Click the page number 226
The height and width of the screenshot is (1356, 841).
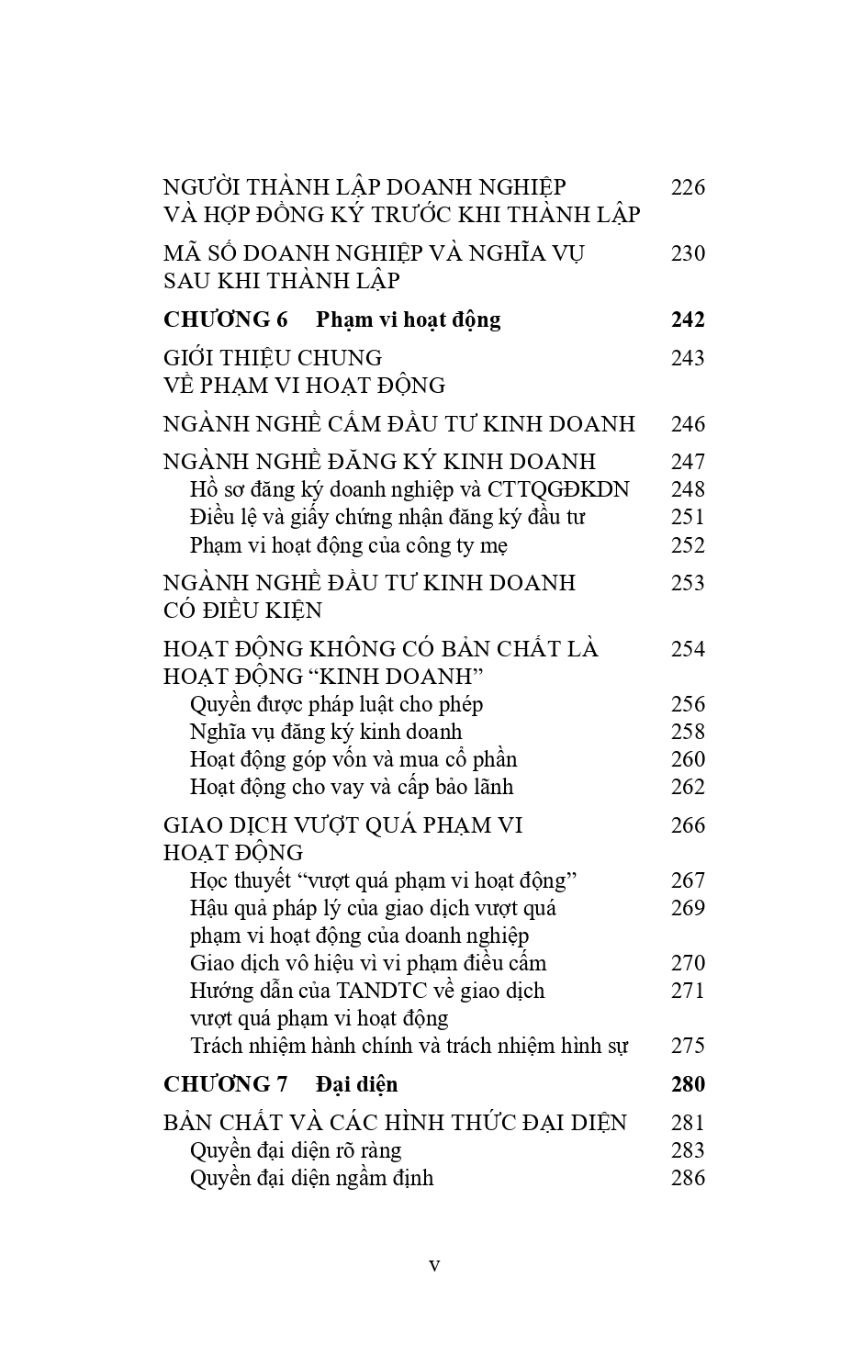688,188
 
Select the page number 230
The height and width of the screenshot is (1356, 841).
688,253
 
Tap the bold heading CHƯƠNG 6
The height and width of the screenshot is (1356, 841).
225,319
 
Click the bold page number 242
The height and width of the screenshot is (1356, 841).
688,319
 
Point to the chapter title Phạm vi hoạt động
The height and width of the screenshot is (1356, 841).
409,319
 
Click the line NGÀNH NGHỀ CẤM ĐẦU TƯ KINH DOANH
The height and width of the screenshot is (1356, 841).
398,424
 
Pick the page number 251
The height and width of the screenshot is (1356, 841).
688,517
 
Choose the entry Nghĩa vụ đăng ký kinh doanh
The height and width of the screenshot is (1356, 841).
326,732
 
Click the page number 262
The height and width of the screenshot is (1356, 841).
688,787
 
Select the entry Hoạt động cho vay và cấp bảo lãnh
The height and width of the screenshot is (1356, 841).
352,787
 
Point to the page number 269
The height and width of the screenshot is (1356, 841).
688,908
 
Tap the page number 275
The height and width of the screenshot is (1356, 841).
688,1046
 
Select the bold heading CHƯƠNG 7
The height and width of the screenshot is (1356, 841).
225,1084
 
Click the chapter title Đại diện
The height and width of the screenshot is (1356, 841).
357,1084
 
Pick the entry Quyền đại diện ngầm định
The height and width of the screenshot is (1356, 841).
311,1178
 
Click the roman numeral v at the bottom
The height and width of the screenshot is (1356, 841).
434,1265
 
